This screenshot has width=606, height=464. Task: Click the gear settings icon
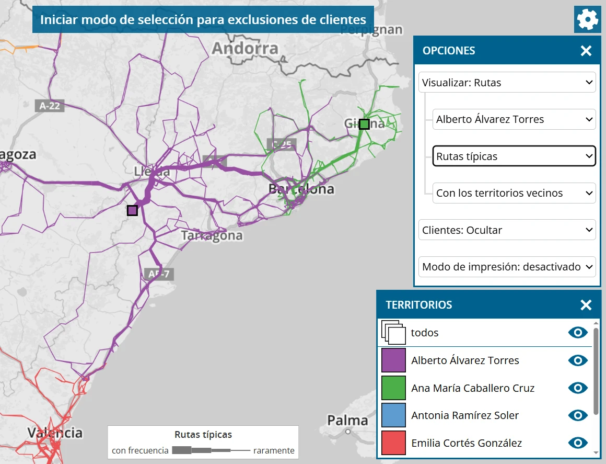[588, 20]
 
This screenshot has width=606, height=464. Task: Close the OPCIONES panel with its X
[586, 51]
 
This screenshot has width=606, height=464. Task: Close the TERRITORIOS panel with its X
[586, 305]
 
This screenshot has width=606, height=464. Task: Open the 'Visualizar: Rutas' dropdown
[507, 83]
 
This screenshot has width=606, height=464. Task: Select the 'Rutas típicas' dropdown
[514, 156]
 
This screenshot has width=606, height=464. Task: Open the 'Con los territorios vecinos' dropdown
[514, 193]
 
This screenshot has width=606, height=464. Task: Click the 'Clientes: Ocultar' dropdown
[507, 230]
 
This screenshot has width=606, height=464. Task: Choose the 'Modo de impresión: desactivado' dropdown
[507, 267]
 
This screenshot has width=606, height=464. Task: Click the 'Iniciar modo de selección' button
[203, 20]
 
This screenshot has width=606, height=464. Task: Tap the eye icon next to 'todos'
[578, 333]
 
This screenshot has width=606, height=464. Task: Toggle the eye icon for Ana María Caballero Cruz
[578, 388]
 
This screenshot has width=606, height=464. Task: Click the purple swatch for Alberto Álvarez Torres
[393, 360]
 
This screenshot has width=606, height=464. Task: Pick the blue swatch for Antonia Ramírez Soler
[393, 415]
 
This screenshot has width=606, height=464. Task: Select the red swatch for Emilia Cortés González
[393, 443]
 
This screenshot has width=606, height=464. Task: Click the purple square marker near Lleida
[132, 210]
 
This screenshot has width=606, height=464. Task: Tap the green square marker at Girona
[364, 124]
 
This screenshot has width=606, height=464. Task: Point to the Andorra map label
[245, 49]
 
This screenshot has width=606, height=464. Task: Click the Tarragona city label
[212, 235]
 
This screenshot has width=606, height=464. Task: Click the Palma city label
[347, 420]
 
